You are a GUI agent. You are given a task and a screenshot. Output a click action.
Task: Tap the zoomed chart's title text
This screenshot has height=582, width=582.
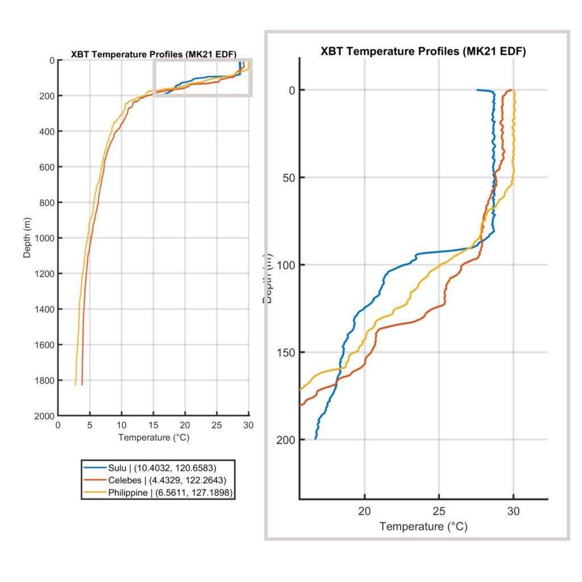(423, 51)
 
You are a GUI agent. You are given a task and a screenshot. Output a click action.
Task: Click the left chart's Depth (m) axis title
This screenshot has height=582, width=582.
(27, 238)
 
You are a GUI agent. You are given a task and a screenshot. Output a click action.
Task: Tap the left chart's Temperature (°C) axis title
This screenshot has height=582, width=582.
(153, 438)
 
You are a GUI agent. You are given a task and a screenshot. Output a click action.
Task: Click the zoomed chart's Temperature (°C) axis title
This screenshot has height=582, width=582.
(423, 527)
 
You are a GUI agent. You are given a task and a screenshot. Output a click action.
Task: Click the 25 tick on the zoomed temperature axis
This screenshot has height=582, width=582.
(439, 511)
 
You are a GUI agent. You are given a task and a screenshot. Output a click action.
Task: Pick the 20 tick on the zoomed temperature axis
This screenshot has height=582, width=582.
(365, 511)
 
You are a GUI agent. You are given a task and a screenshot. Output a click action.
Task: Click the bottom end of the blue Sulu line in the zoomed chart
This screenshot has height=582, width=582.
(315, 439)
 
